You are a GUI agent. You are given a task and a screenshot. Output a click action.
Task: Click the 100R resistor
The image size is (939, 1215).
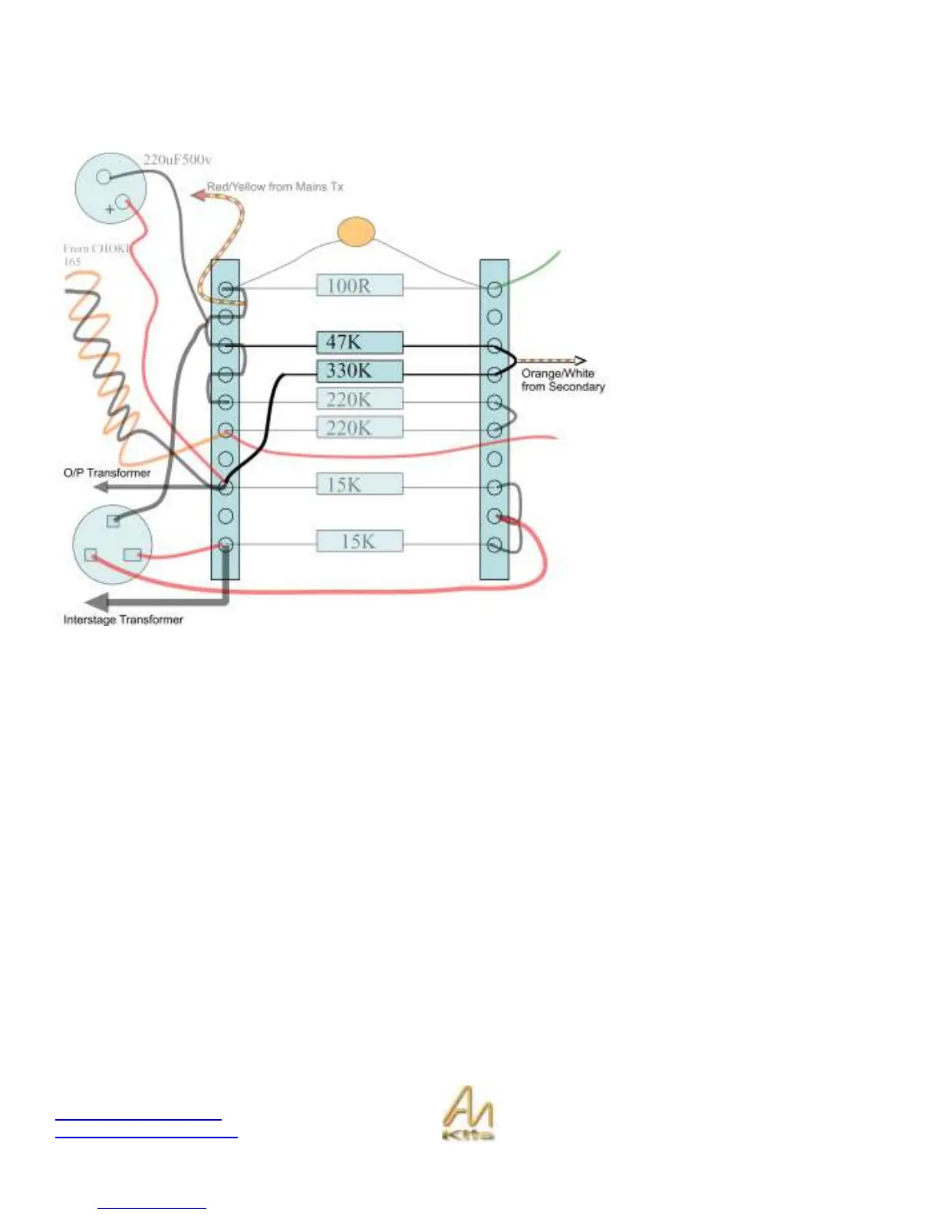click(x=359, y=286)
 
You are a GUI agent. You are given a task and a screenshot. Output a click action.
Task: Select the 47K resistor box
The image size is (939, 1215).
click(x=359, y=342)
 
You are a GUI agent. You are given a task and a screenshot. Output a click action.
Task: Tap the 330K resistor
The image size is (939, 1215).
click(x=359, y=371)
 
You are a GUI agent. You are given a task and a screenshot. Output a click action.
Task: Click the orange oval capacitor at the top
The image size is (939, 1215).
click(x=357, y=232)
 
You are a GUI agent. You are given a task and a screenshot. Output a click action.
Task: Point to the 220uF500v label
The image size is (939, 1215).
click(x=177, y=160)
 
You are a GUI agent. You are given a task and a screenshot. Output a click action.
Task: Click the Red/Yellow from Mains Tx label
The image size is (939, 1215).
click(x=275, y=186)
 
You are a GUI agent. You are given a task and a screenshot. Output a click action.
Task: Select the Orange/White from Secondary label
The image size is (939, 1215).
click(x=562, y=380)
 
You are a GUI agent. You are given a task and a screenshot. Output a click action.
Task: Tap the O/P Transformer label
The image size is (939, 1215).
click(x=107, y=472)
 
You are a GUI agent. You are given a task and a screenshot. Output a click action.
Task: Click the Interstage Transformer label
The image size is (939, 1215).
click(x=123, y=619)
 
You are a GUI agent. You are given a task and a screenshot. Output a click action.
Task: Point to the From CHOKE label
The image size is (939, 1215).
click(x=96, y=254)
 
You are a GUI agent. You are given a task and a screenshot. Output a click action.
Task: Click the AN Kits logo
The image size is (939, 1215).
click(x=468, y=1113)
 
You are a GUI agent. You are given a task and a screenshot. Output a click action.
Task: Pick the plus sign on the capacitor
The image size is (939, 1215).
click(x=110, y=209)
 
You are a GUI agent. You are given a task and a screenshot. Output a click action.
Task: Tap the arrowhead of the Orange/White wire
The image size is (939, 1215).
click(x=581, y=361)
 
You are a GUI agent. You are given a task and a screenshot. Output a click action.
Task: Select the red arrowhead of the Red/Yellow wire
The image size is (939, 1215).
click(x=197, y=195)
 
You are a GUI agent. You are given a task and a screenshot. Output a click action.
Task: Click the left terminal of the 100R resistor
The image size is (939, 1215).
click(x=226, y=289)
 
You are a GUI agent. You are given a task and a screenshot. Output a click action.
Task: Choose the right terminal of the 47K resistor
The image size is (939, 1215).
click(x=495, y=346)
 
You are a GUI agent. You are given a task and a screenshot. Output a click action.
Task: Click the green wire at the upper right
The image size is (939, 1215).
click(x=537, y=269)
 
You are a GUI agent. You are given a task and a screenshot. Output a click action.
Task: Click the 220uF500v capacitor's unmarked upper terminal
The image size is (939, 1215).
click(x=104, y=177)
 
